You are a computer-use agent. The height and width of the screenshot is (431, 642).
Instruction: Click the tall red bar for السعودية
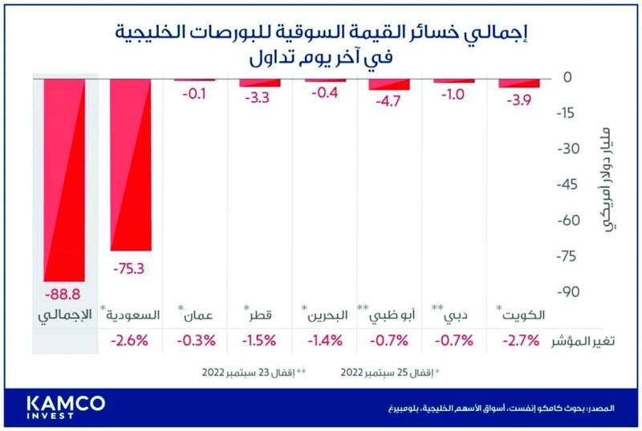click(x=130, y=165)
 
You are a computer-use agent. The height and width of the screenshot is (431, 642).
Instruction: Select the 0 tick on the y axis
click(x=567, y=77)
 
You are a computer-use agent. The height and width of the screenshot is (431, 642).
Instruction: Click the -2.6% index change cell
click(x=130, y=340)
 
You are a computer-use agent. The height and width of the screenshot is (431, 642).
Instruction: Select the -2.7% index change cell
click(x=520, y=340)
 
